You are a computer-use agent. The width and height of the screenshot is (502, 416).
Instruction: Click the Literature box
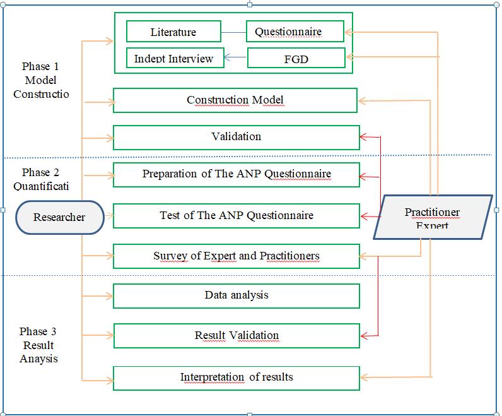173,32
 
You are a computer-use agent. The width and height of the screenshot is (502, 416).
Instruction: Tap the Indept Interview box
174,59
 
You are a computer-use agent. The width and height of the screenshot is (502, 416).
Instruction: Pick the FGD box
296,59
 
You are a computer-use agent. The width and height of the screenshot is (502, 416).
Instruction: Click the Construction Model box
235,100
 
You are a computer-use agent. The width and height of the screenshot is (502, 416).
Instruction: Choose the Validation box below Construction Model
236,137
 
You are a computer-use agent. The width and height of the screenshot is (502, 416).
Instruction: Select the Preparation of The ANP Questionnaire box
236,174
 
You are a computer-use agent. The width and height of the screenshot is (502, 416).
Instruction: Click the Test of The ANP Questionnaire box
236,215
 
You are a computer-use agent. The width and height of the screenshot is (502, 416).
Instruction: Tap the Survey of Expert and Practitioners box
236,256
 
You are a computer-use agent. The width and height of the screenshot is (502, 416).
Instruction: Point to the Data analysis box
236,295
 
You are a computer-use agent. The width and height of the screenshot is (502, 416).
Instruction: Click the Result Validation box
236,336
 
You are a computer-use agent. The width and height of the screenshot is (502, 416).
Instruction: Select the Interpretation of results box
236,377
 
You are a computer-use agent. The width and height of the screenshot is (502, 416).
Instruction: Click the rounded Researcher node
59,217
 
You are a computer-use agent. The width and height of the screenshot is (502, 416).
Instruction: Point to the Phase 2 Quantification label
40,179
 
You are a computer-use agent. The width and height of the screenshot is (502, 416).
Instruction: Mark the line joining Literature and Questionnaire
233,32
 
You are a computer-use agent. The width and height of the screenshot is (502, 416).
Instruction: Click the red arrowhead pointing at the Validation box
363,136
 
